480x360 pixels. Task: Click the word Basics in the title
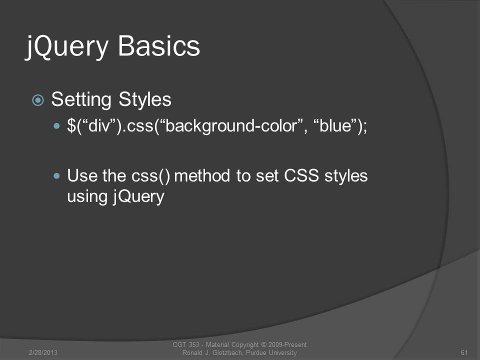(x=159, y=46)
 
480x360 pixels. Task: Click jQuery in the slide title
(x=67, y=47)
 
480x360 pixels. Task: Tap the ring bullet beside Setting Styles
(x=38, y=100)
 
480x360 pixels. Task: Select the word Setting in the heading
(x=81, y=100)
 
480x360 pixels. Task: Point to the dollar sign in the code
(x=71, y=125)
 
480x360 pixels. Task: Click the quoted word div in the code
(x=99, y=125)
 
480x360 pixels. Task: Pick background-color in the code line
(x=231, y=126)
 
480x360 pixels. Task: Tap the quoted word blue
(x=335, y=125)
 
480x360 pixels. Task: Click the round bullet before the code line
(x=56, y=126)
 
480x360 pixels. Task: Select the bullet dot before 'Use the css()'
(x=56, y=175)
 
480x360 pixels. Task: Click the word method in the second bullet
(x=202, y=175)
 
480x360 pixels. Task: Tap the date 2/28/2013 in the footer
(x=43, y=352)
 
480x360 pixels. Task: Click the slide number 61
(x=464, y=352)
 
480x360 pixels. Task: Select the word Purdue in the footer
(x=256, y=352)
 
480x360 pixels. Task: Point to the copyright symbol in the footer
(x=263, y=344)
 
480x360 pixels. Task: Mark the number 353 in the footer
(x=194, y=344)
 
